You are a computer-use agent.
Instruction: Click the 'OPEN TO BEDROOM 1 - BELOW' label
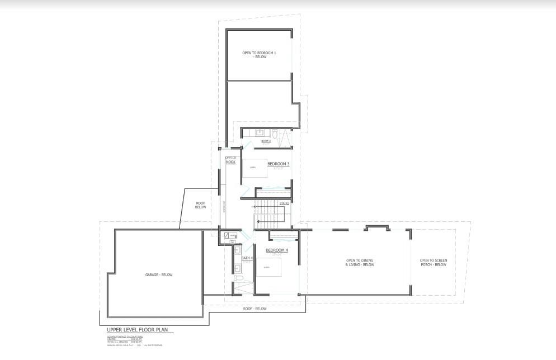coord(259,55)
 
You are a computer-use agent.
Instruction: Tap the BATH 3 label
coord(266,141)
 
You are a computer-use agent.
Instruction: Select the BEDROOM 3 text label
coord(278,164)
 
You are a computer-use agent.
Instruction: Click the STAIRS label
coord(284,203)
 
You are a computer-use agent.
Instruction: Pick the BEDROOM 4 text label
coord(276,250)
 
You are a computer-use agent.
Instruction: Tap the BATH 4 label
coord(247,258)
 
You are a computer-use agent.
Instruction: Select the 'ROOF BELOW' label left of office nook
coord(201,205)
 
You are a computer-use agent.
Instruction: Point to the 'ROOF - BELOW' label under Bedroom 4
coord(255,309)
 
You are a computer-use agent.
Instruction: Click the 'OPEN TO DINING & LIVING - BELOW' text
coord(360,263)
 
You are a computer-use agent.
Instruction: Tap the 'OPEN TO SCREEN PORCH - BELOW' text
coord(434,263)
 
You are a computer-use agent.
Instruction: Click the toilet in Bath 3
coord(275,133)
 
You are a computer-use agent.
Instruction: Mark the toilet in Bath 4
coord(238,277)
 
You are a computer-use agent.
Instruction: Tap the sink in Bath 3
coord(260,132)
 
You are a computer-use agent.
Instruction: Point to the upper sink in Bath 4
coord(238,249)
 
